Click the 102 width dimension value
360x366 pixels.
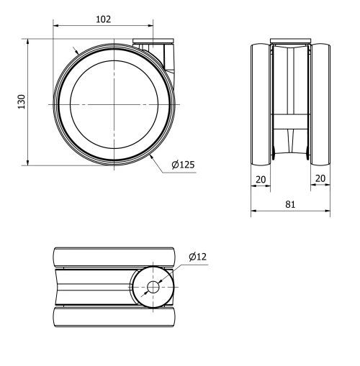103,19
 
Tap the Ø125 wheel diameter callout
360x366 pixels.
183,165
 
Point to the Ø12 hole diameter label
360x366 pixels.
198,257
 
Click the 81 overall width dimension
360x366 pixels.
290,204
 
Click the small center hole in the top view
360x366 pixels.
153,287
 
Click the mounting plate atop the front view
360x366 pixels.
290,40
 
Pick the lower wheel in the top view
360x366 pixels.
114,316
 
